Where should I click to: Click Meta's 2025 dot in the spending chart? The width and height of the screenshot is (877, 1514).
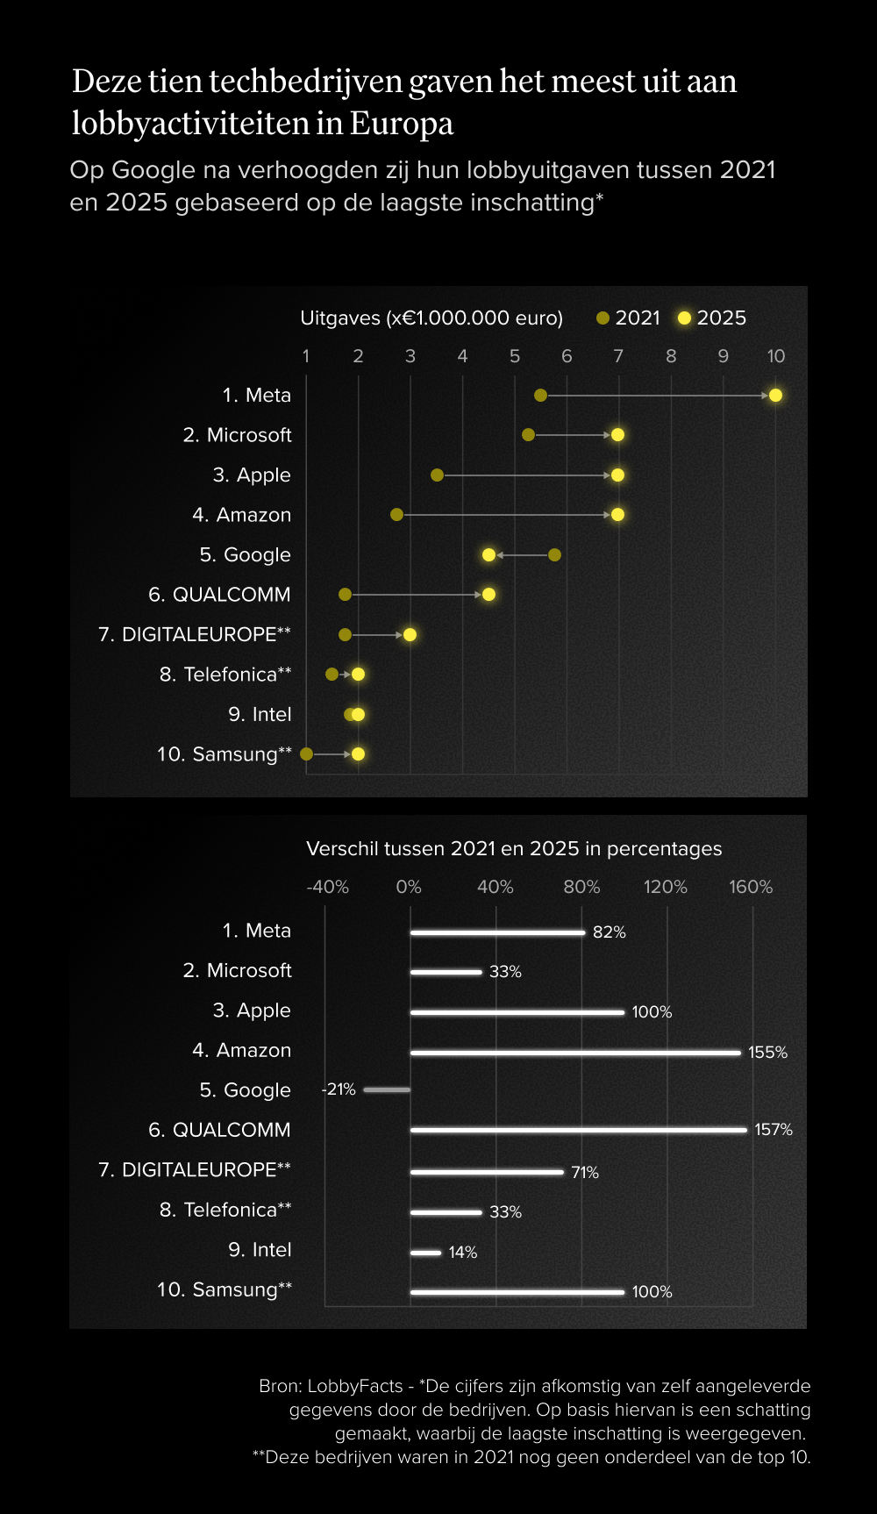pyautogui.click(x=775, y=396)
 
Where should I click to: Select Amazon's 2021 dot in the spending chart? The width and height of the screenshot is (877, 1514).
pyautogui.click(x=396, y=515)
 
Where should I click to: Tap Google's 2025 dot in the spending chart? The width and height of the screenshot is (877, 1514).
pyautogui.click(x=488, y=555)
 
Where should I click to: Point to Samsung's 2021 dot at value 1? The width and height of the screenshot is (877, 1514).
pyautogui.click(x=306, y=754)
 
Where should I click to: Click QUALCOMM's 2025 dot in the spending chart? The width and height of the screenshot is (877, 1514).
pyautogui.click(x=488, y=595)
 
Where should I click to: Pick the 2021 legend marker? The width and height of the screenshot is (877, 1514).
pyautogui.click(x=602, y=318)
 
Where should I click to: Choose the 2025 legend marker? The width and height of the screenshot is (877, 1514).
pyautogui.click(x=684, y=318)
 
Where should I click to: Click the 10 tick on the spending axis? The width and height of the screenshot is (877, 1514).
pyautogui.click(x=775, y=356)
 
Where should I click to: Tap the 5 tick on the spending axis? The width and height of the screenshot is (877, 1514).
pyautogui.click(x=515, y=356)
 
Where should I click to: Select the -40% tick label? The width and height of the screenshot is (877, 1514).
pyautogui.click(x=327, y=887)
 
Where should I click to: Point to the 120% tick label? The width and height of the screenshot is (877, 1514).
pyautogui.click(x=666, y=887)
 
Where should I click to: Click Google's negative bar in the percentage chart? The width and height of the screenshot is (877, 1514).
pyautogui.click(x=387, y=1090)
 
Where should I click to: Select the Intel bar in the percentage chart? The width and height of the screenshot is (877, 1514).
pyautogui.click(x=426, y=1253)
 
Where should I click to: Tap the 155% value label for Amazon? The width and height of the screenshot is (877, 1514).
pyautogui.click(x=767, y=1053)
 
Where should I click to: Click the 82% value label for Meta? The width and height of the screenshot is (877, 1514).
pyautogui.click(x=609, y=932)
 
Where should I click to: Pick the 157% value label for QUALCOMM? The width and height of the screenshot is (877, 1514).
pyautogui.click(x=773, y=1130)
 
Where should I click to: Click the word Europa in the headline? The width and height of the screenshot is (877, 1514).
pyautogui.click(x=402, y=124)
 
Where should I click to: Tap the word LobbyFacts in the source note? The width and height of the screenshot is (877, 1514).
pyautogui.click(x=354, y=1386)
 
